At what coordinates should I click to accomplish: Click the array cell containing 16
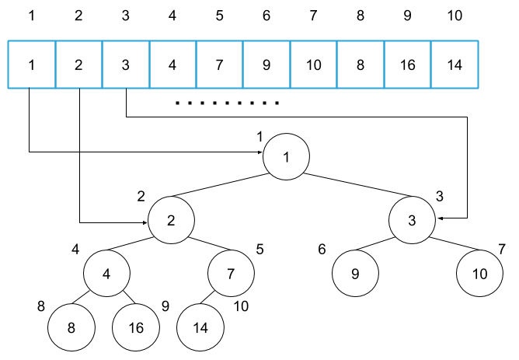[x=407, y=64]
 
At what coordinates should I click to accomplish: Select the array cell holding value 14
[x=455, y=64]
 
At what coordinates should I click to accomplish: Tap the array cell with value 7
[x=219, y=64]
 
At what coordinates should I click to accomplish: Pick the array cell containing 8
[x=361, y=64]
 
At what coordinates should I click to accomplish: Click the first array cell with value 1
[x=32, y=64]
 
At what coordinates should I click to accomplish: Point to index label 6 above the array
[x=266, y=15]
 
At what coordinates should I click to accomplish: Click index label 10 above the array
[x=455, y=15]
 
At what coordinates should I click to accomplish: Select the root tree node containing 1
[x=286, y=156]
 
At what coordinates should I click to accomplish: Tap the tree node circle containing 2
[x=170, y=220]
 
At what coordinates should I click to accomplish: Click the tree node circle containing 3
[x=413, y=220]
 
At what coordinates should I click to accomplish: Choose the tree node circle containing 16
[x=136, y=327]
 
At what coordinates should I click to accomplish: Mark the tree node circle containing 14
[x=200, y=327]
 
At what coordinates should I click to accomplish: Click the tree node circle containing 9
[x=355, y=274]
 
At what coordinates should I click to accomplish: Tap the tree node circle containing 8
[x=71, y=327]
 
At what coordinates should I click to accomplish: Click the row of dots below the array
[x=227, y=103]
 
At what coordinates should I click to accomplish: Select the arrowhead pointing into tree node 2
[x=144, y=222]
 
